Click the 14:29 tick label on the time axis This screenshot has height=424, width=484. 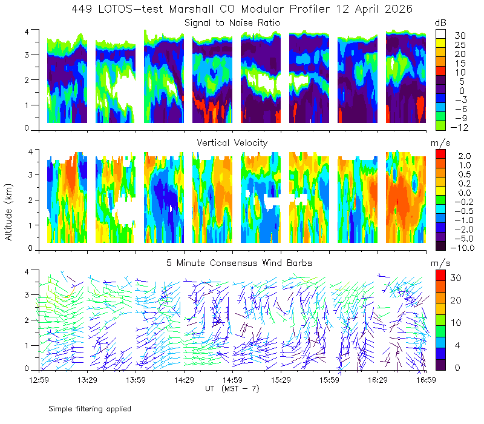click(x=184, y=380)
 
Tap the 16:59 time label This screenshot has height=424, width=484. click(x=426, y=380)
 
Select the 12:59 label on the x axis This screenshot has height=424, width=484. click(x=39, y=380)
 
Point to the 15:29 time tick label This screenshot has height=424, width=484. click(x=281, y=380)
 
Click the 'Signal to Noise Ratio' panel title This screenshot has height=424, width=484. click(x=232, y=23)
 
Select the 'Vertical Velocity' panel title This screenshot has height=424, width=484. click(x=232, y=143)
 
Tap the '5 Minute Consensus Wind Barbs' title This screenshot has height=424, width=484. click(x=239, y=263)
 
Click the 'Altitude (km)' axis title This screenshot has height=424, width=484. click(x=8, y=212)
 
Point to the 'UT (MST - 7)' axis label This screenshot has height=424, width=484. click(x=232, y=389)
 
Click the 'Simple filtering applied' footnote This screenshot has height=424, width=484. click(x=90, y=409)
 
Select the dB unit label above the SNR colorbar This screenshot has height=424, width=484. click(x=440, y=23)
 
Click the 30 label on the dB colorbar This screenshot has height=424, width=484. click(x=460, y=36)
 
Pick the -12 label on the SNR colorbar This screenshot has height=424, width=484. click(x=459, y=127)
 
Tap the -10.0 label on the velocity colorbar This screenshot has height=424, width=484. click(x=462, y=248)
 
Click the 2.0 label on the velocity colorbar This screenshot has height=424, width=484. click(x=465, y=156)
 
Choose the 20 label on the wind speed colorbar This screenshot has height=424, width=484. click(x=456, y=300)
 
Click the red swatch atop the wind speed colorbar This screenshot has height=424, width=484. click(x=440, y=276)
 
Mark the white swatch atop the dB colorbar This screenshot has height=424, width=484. click(x=440, y=34)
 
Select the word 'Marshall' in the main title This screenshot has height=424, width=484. click(x=191, y=9)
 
